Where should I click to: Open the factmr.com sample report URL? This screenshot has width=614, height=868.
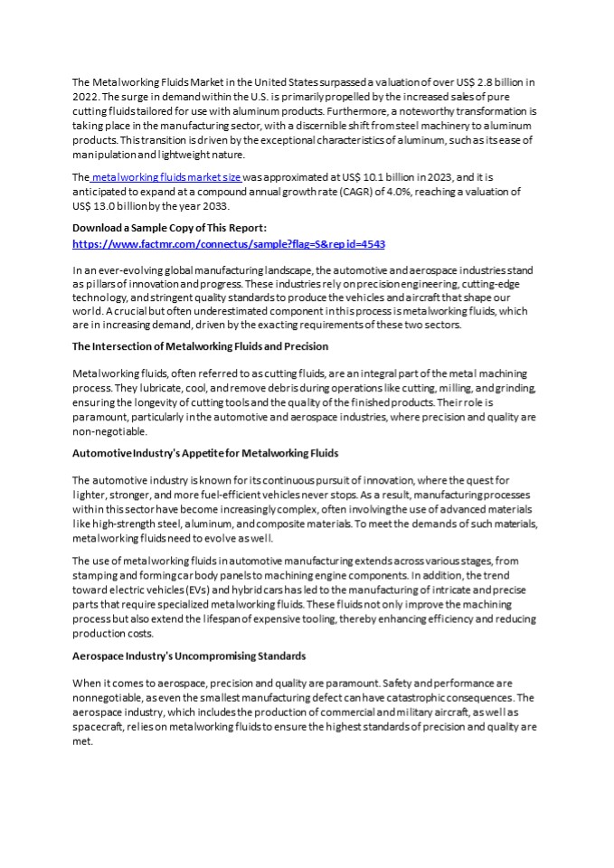[229, 244]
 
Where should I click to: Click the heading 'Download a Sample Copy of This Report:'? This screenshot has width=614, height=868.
[169, 228]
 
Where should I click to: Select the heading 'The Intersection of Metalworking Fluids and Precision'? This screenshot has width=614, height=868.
[200, 346]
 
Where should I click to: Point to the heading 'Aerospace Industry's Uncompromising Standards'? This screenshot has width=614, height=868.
[189, 656]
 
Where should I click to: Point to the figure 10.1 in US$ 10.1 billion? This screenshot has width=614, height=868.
[359, 178]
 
